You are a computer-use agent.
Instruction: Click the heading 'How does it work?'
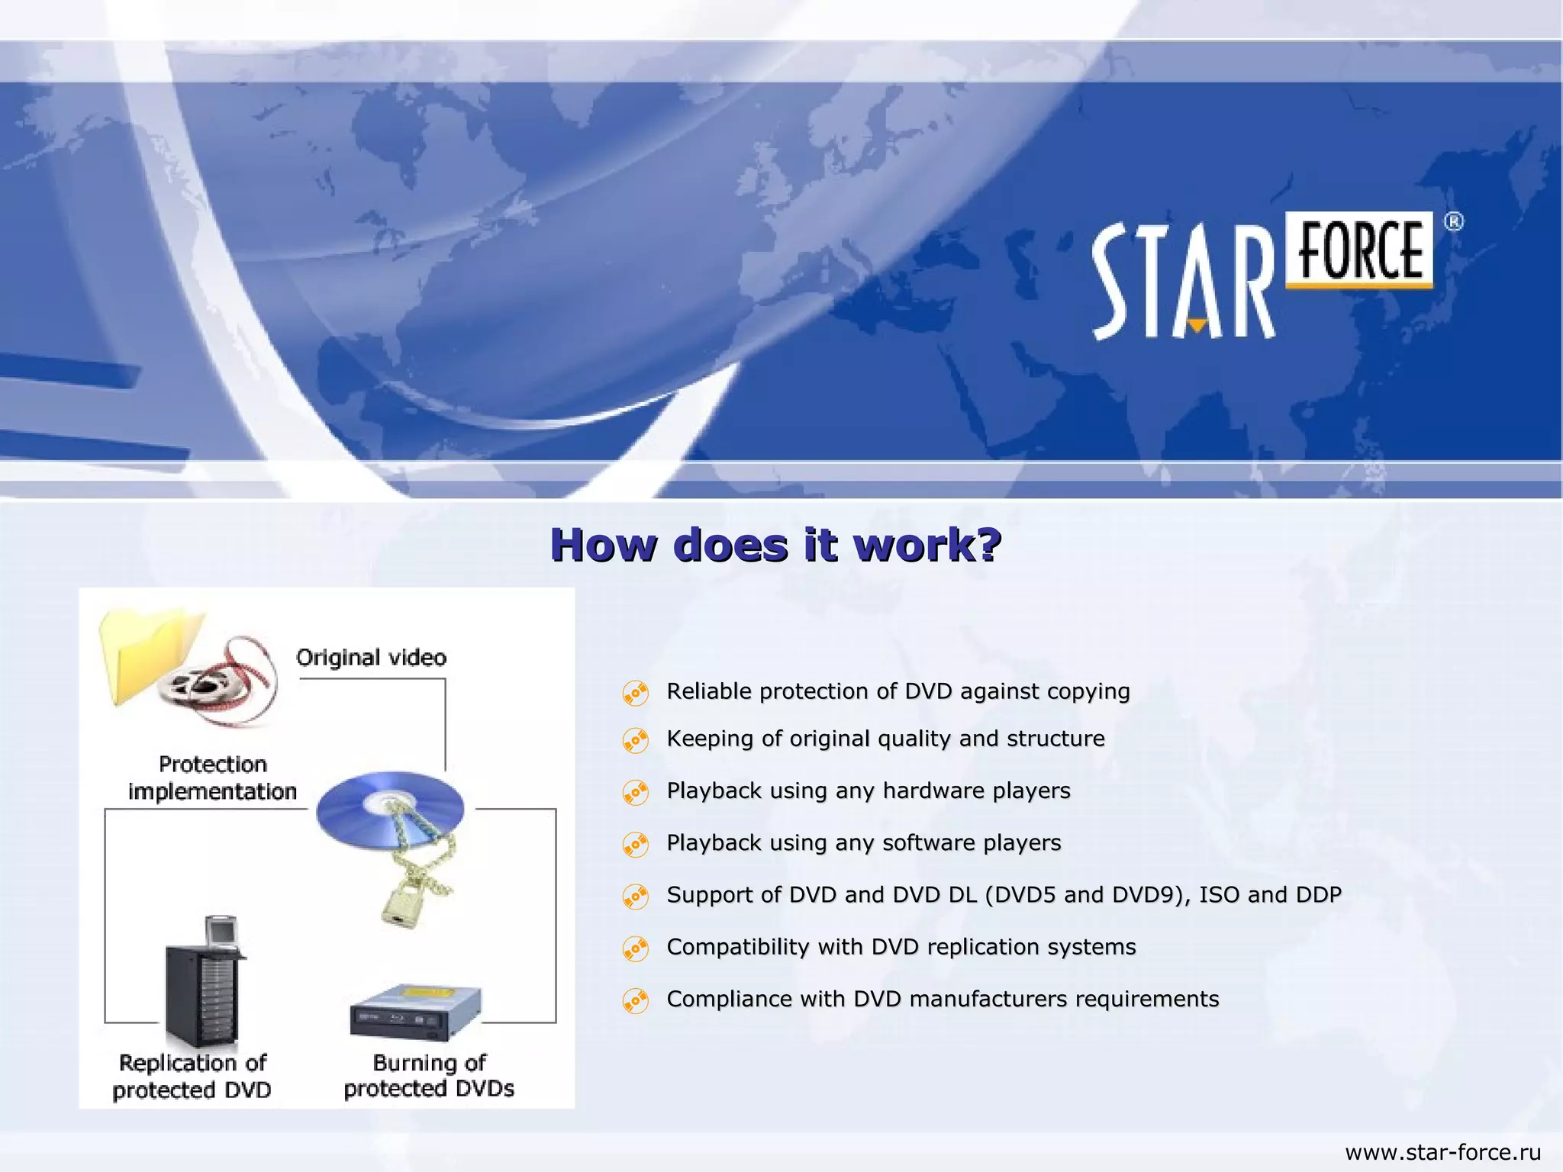click(775, 545)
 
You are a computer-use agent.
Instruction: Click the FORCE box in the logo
click(1360, 250)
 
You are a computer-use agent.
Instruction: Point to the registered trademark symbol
click(1454, 222)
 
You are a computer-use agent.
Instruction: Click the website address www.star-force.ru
click(1442, 1152)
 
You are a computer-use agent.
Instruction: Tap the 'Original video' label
click(371, 658)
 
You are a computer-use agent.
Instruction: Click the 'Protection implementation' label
click(212, 778)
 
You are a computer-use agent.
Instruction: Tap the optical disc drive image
click(416, 1013)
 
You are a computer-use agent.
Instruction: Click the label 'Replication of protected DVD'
click(192, 1076)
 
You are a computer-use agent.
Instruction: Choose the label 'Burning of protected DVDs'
click(429, 1075)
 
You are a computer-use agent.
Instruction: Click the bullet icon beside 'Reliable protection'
click(636, 693)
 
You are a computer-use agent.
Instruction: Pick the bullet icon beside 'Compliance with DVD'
click(636, 1000)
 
